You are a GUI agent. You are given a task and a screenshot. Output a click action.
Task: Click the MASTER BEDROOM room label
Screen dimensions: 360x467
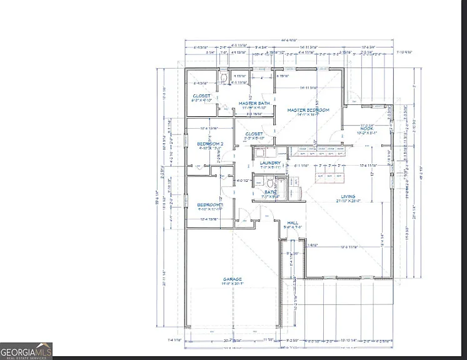pyautogui.click(x=308, y=110)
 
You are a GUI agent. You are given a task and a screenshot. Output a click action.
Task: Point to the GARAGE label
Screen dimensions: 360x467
pyautogui.click(x=233, y=279)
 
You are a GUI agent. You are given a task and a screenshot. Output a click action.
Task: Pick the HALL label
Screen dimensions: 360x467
pyautogui.click(x=293, y=222)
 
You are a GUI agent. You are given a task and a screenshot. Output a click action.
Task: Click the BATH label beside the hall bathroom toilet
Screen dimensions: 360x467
pyautogui.click(x=270, y=192)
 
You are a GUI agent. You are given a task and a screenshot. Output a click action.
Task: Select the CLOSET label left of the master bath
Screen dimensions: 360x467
pyautogui.click(x=201, y=96)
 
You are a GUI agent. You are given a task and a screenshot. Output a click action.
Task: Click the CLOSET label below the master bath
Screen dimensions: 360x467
pyautogui.click(x=253, y=134)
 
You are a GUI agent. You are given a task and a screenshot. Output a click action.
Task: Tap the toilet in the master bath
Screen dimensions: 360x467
pyautogui.click(x=223, y=78)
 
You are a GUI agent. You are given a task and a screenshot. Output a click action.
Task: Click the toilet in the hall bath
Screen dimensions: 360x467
pyautogui.click(x=270, y=182)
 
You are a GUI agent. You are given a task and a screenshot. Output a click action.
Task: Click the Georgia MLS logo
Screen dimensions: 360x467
pyautogui.click(x=26, y=351)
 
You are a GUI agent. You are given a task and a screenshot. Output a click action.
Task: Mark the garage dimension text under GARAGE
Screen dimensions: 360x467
pyautogui.click(x=233, y=284)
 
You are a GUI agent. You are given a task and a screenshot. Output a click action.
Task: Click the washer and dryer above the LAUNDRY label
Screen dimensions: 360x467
pyautogui.click(x=263, y=152)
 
